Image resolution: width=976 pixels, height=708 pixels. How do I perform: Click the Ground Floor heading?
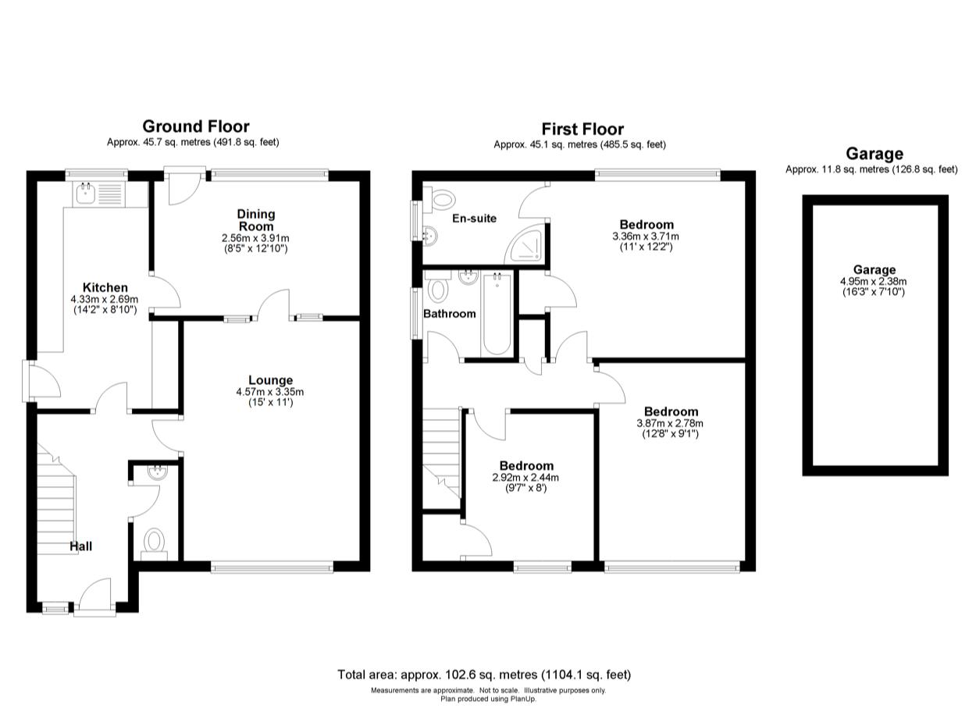point(195,126)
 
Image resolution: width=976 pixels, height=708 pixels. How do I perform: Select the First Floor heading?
point(582,129)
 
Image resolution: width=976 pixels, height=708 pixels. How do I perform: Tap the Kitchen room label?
point(105,288)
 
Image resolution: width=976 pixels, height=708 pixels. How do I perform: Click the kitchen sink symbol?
point(84,192)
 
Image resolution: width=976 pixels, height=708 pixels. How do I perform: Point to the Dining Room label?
point(256,219)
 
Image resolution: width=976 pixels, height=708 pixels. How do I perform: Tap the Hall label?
point(80,546)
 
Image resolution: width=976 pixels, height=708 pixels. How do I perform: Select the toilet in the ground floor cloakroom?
point(155,540)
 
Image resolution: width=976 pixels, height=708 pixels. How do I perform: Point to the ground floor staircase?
point(56,500)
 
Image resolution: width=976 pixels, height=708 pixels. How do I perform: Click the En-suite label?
point(474,219)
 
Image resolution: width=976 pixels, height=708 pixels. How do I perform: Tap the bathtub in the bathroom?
point(497,315)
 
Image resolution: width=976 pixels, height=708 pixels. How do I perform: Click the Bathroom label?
point(449,314)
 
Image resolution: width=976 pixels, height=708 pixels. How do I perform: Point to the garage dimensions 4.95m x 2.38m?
point(873,282)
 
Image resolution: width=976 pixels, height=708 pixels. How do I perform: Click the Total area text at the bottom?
point(484,674)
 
